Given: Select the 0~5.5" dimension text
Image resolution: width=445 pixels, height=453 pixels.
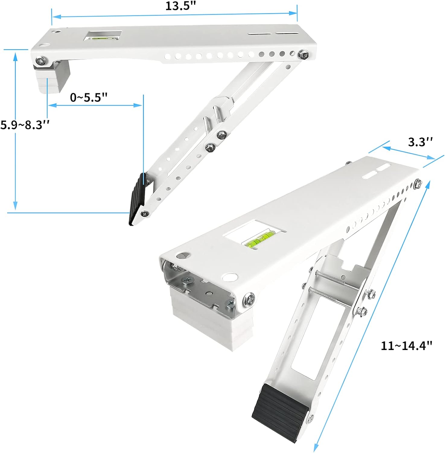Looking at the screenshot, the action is coord(89,98).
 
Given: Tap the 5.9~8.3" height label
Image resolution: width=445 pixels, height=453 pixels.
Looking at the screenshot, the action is coord(25,125).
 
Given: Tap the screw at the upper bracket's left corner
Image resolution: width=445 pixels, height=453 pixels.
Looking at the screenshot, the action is coord(41,60).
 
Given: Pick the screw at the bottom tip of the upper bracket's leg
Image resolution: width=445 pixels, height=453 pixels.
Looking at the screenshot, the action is coord(145,214).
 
